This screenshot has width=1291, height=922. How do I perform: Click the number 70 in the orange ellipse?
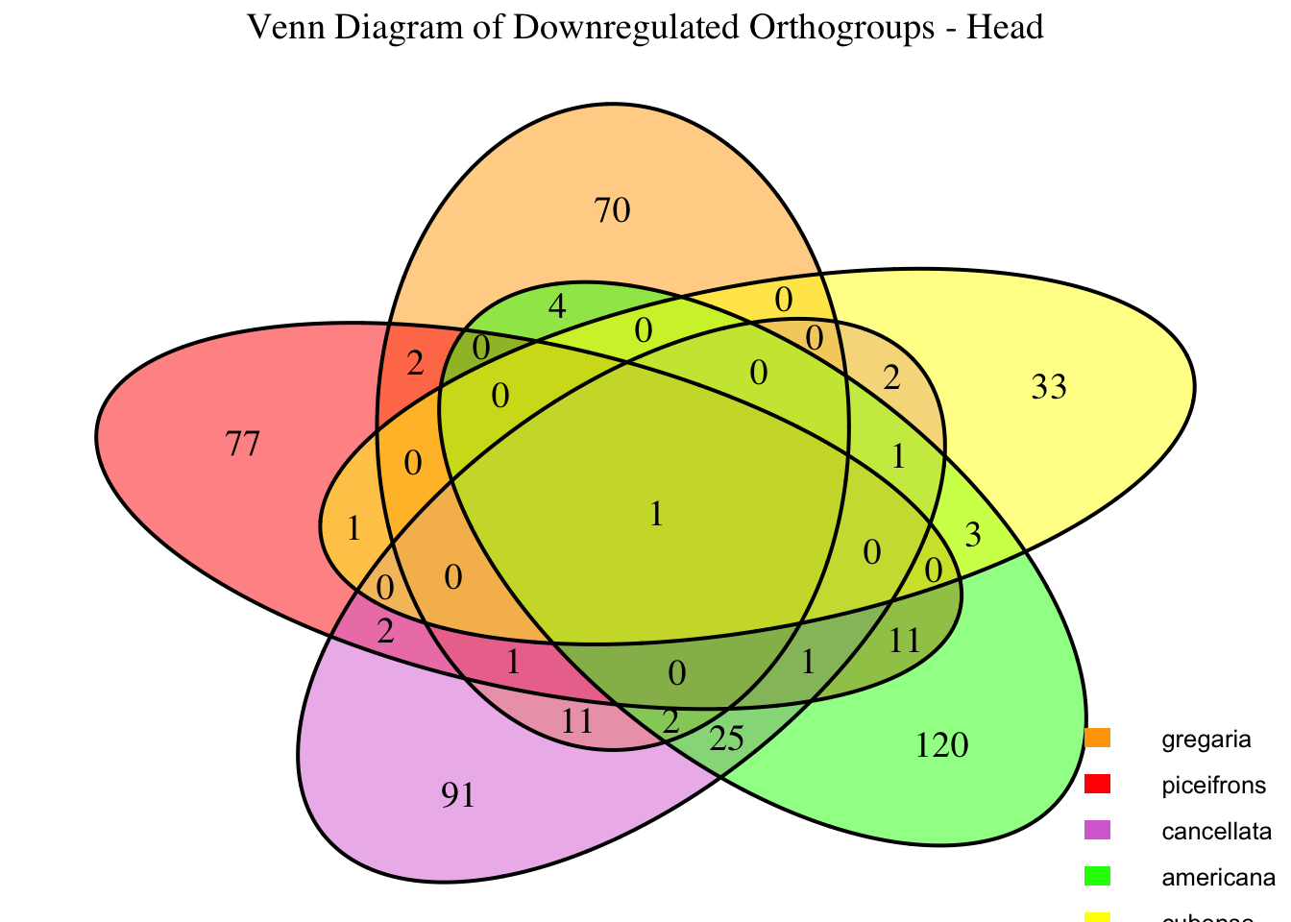pyautogui.click(x=613, y=210)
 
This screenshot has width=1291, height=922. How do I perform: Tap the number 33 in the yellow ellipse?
pyautogui.click(x=1049, y=388)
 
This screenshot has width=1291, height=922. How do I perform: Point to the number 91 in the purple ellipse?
pyautogui.click(x=458, y=795)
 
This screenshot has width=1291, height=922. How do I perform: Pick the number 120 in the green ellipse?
pyautogui.click(x=943, y=744)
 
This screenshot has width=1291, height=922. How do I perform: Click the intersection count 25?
pyautogui.click(x=727, y=739)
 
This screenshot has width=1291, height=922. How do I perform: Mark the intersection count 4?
pyautogui.click(x=556, y=307)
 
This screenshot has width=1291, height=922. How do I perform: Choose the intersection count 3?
pyautogui.click(x=972, y=536)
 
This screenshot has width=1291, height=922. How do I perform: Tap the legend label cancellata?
pyautogui.click(x=1216, y=832)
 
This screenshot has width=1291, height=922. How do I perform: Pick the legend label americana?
pyautogui.click(x=1218, y=878)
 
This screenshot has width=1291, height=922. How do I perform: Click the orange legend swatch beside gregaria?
pyautogui.click(x=1097, y=738)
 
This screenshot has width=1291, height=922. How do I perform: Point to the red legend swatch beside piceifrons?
pyautogui.click(x=1097, y=784)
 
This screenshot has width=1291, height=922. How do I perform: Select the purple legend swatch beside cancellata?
pyautogui.click(x=1097, y=830)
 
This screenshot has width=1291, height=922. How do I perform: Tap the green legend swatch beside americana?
pyautogui.click(x=1097, y=876)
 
